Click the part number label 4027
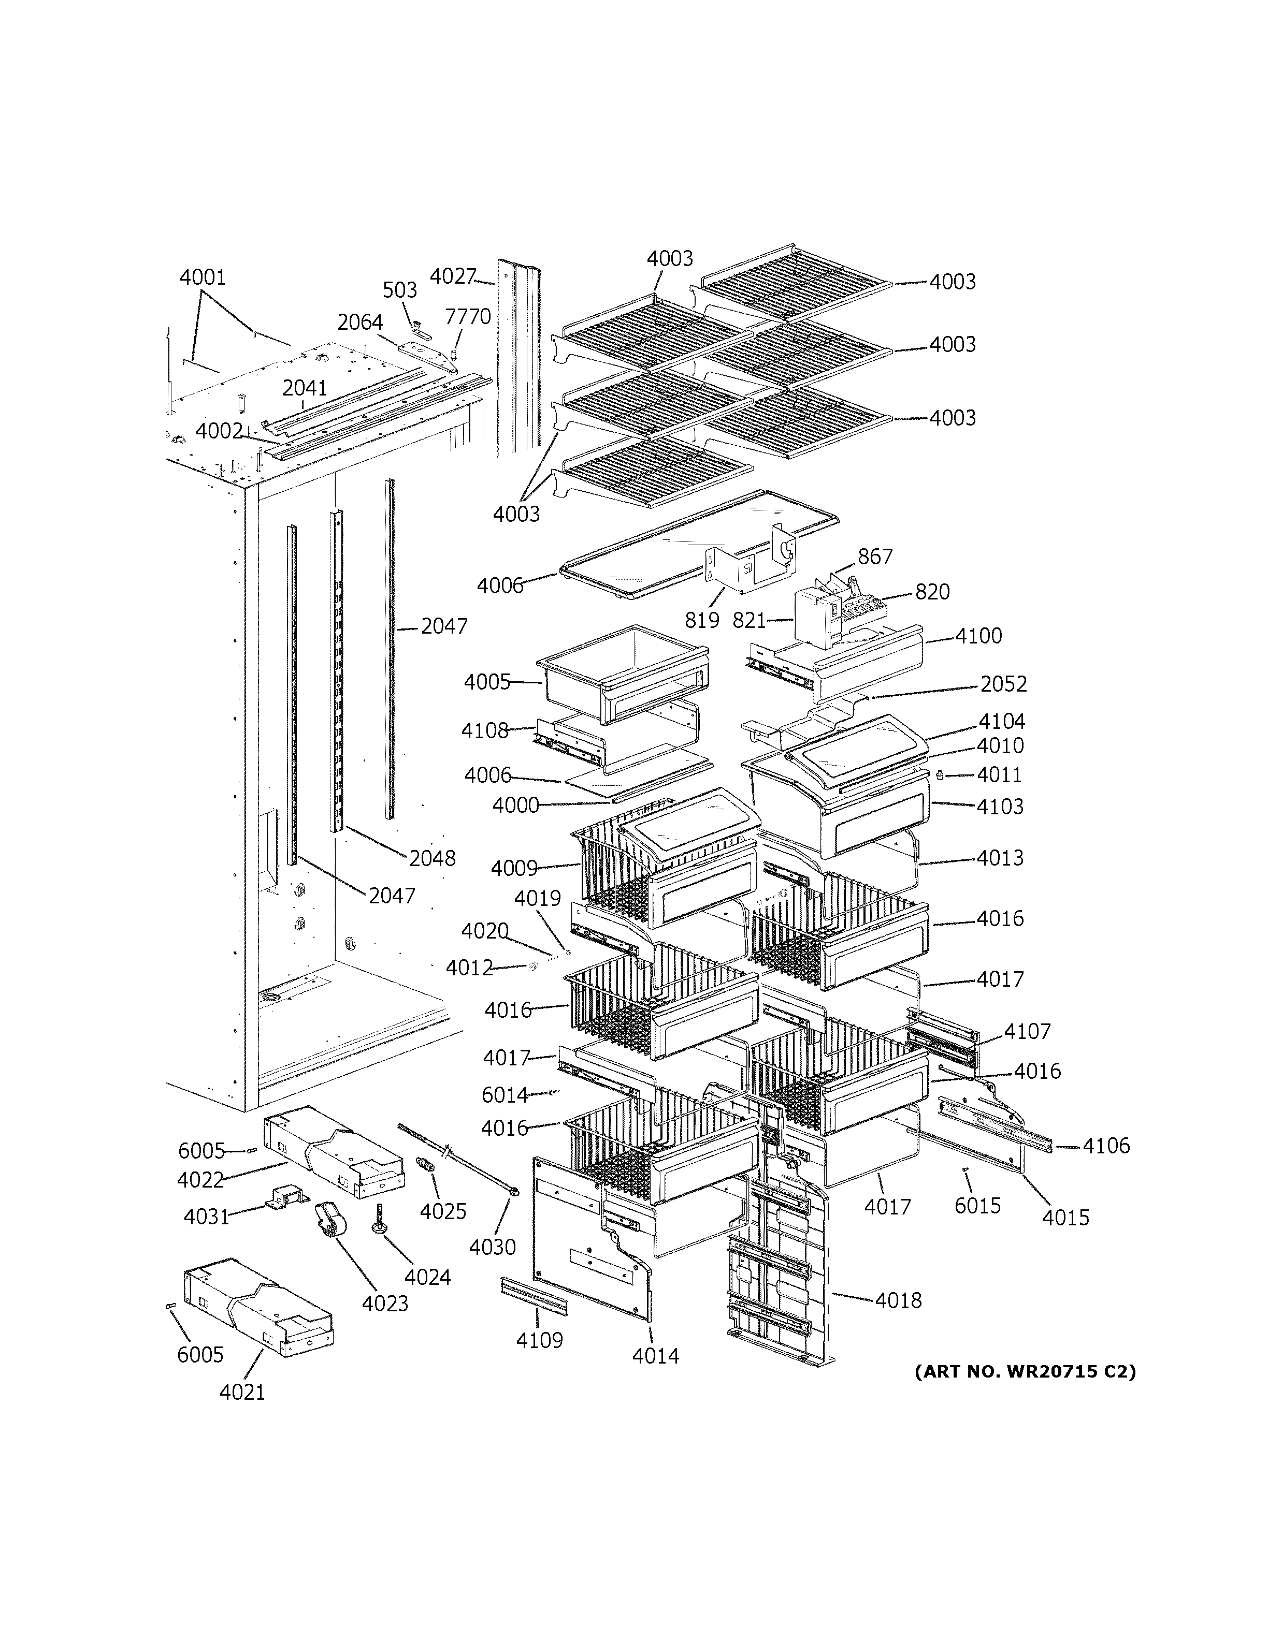pyautogui.click(x=452, y=276)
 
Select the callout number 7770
pyautogui.click(x=467, y=316)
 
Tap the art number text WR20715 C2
pyautogui.click(x=1025, y=1371)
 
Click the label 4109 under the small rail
pyautogui.click(x=539, y=1340)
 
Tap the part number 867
pyautogui.click(x=875, y=557)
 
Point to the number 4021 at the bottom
pyautogui.click(x=242, y=1392)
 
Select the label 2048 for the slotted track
pyautogui.click(x=432, y=858)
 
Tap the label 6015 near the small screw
pyautogui.click(x=977, y=1205)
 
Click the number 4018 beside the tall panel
pyautogui.click(x=898, y=1300)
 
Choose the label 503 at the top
pyautogui.click(x=400, y=290)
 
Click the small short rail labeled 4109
pyautogui.click(x=534, y=1297)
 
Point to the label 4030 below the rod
pyautogui.click(x=492, y=1247)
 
